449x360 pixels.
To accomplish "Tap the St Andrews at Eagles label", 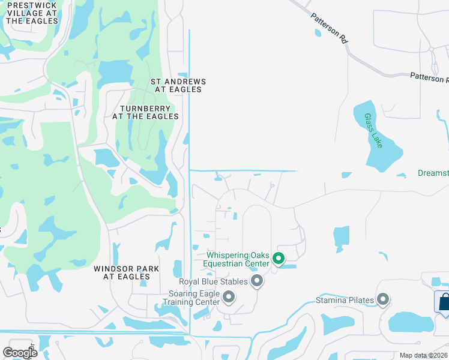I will tap(178, 85).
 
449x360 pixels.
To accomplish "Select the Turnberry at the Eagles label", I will tap(145, 112).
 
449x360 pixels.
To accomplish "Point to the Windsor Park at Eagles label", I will tap(126, 273).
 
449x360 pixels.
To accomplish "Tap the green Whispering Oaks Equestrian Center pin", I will tap(279, 259).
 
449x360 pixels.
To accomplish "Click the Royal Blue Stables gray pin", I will tap(257, 281).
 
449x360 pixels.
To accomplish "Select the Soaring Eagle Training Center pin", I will tap(229, 296).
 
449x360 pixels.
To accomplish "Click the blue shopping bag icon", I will tap(443, 301).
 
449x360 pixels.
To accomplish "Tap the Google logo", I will tap(20, 353).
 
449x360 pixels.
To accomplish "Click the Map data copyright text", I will tap(423, 355).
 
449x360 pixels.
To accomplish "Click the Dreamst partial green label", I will tap(433, 173).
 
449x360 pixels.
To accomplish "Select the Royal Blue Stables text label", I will tap(213, 281).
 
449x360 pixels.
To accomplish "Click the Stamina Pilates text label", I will tap(345, 300).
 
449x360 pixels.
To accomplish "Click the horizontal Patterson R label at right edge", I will tap(429, 78).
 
